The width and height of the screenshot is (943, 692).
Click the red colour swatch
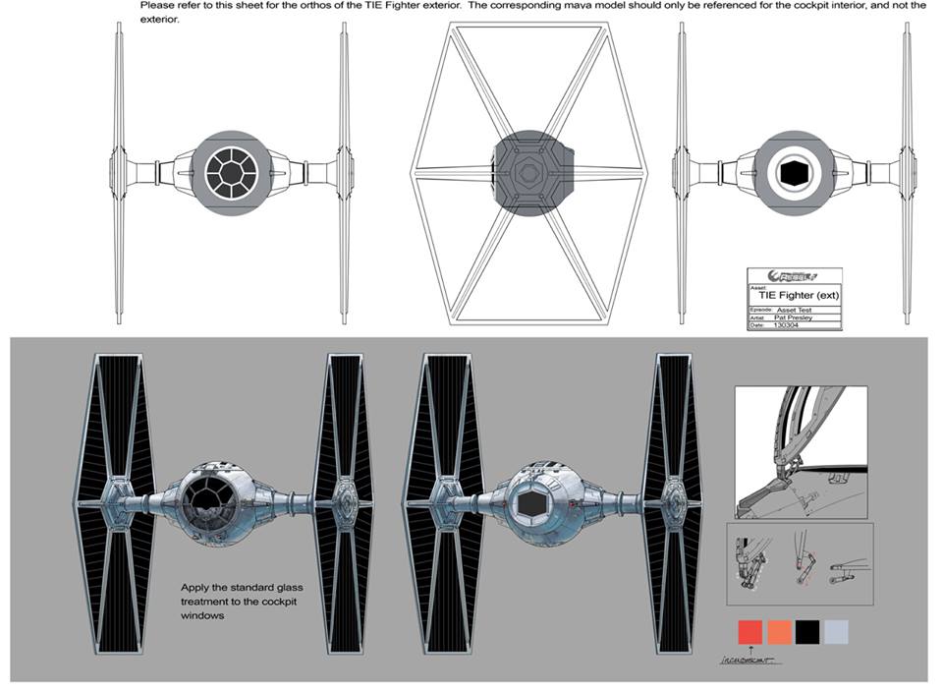pyautogui.click(x=749, y=631)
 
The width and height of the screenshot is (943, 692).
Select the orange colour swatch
pyautogui.click(x=779, y=631)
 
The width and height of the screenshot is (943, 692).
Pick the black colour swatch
pyautogui.click(x=807, y=631)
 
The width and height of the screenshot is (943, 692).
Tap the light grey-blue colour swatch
pyautogui.click(x=836, y=631)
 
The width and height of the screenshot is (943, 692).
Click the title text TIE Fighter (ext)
pyautogui.click(x=798, y=295)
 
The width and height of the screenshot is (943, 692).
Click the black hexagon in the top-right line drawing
pyautogui.click(x=791, y=173)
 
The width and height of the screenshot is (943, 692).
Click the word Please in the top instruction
pyautogui.click(x=159, y=5)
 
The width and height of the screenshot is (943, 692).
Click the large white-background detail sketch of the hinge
pyautogui.click(x=801, y=452)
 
